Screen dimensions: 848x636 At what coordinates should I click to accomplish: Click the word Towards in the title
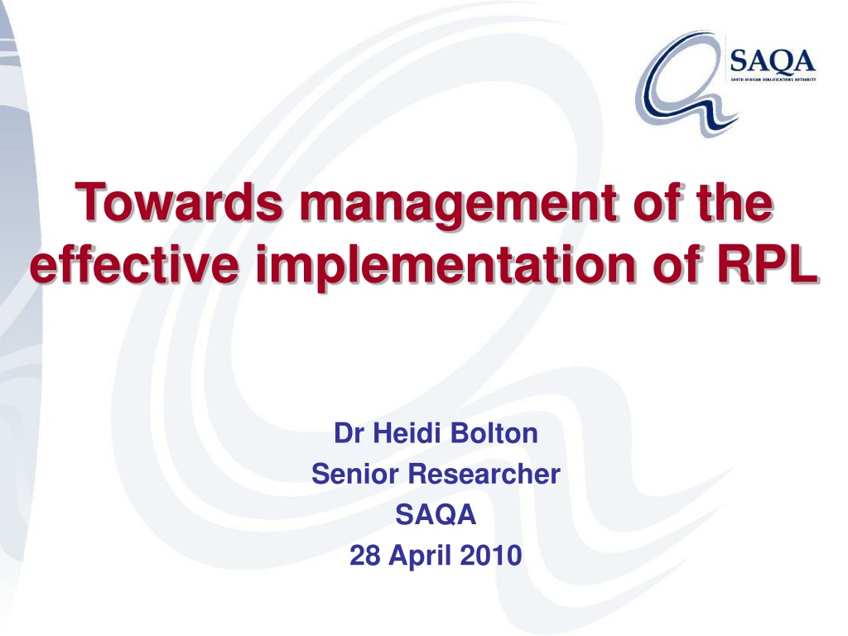(179, 202)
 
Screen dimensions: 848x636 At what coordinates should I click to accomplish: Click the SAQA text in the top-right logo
(773, 60)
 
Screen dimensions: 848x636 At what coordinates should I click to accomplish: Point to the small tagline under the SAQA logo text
(773, 79)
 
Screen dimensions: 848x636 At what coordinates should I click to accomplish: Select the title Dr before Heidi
(349, 433)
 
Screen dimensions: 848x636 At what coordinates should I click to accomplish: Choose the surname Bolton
(494, 433)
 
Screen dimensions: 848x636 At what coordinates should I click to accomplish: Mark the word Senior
(355, 474)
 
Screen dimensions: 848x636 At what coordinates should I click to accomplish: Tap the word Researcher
(484, 474)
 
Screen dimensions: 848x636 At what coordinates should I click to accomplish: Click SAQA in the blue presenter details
(436, 514)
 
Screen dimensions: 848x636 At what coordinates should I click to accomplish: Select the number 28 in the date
(364, 555)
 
